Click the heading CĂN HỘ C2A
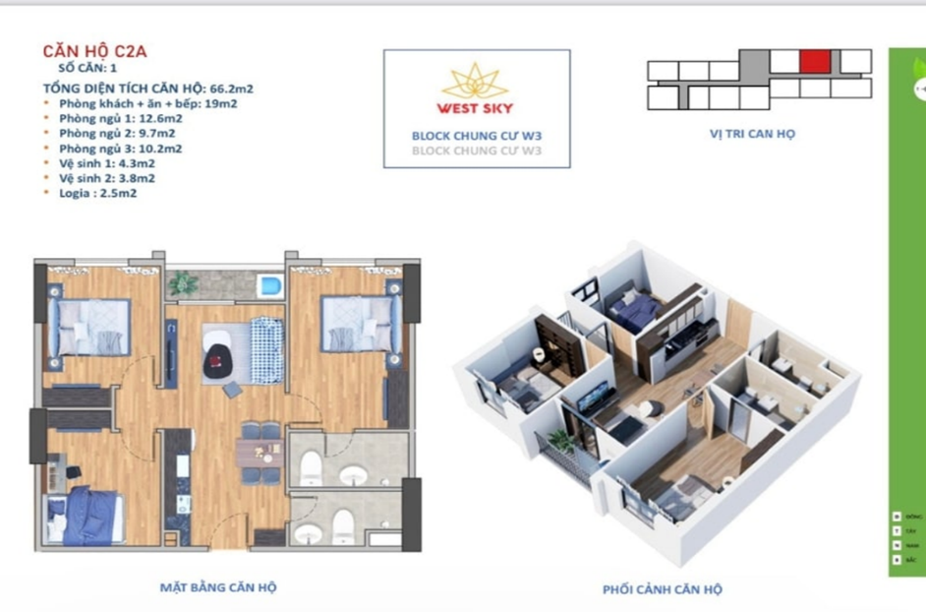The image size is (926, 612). (x=94, y=52)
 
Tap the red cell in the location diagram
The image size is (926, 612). (x=813, y=62)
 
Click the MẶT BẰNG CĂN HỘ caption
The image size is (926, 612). (x=218, y=587)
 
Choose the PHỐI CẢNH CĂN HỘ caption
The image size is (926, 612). (x=662, y=589)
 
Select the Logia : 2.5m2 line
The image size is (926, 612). (x=99, y=194)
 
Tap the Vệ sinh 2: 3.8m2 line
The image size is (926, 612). (x=106, y=179)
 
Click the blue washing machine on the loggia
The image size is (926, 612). (x=269, y=285)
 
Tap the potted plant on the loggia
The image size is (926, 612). (x=182, y=283)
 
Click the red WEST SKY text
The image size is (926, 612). (x=475, y=108)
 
